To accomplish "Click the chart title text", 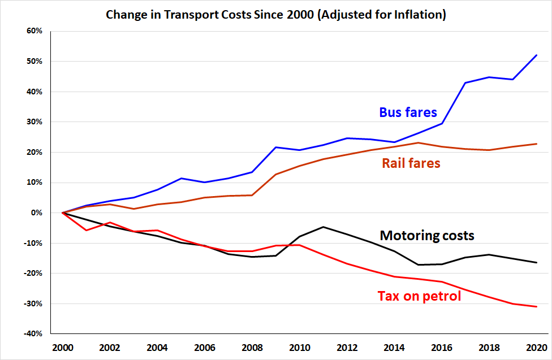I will pyautogui.click(x=276, y=15).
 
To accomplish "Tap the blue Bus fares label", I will pyautogui.click(x=408, y=112).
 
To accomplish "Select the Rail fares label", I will pyautogui.click(x=411, y=163).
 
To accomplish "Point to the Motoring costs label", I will pyautogui.click(x=427, y=235).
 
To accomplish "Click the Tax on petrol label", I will pyautogui.click(x=419, y=296).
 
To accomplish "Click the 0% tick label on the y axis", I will pyautogui.click(x=36, y=213).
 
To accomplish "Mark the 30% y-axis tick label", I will pyautogui.click(x=34, y=122).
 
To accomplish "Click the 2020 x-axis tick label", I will pyautogui.click(x=536, y=347).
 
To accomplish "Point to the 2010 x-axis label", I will pyautogui.click(x=299, y=347).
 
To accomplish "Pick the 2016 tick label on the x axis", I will pyautogui.click(x=441, y=347).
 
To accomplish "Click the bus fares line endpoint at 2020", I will pyautogui.click(x=536, y=55).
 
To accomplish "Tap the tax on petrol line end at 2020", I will pyautogui.click(x=536, y=306).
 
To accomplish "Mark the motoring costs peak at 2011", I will pyautogui.click(x=323, y=227).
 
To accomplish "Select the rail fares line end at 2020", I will pyautogui.click(x=536, y=144).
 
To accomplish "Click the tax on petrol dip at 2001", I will pyautogui.click(x=86, y=230).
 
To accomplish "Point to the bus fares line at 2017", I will pyautogui.click(x=465, y=83).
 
